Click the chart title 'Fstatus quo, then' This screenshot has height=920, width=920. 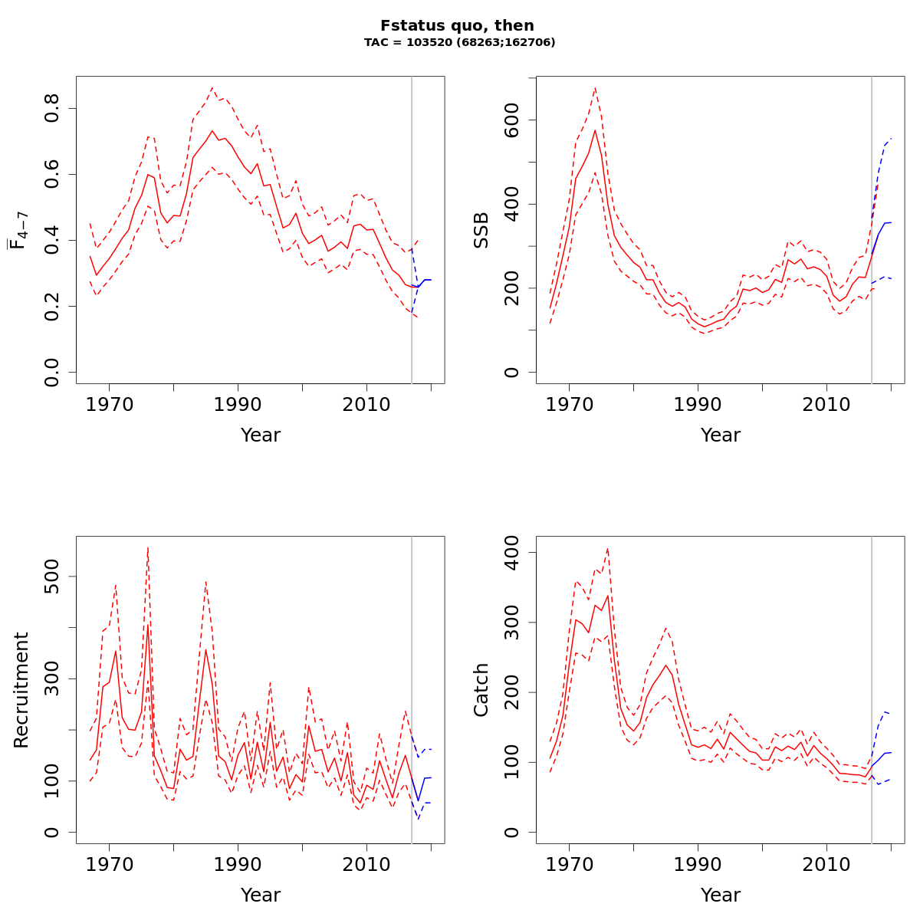[x=457, y=25]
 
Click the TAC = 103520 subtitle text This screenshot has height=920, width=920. [x=459, y=43]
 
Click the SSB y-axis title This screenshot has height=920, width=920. [x=481, y=230]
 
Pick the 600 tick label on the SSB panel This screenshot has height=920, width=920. [x=512, y=120]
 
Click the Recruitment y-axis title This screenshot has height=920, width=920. [x=21, y=690]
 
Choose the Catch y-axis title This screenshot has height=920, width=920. [x=481, y=690]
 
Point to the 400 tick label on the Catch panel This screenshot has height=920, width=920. [x=512, y=553]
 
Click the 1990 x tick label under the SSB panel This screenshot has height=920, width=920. [x=698, y=404]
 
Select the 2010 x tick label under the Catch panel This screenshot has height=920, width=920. [x=826, y=864]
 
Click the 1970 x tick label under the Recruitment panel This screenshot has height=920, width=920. [x=109, y=864]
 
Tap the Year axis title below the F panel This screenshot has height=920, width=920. [x=261, y=435]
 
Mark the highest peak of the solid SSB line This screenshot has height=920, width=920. [x=595, y=130]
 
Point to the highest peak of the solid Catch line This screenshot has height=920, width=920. [x=608, y=595]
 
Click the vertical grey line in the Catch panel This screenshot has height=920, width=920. [x=872, y=690]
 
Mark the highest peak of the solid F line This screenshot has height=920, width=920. [x=212, y=130]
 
